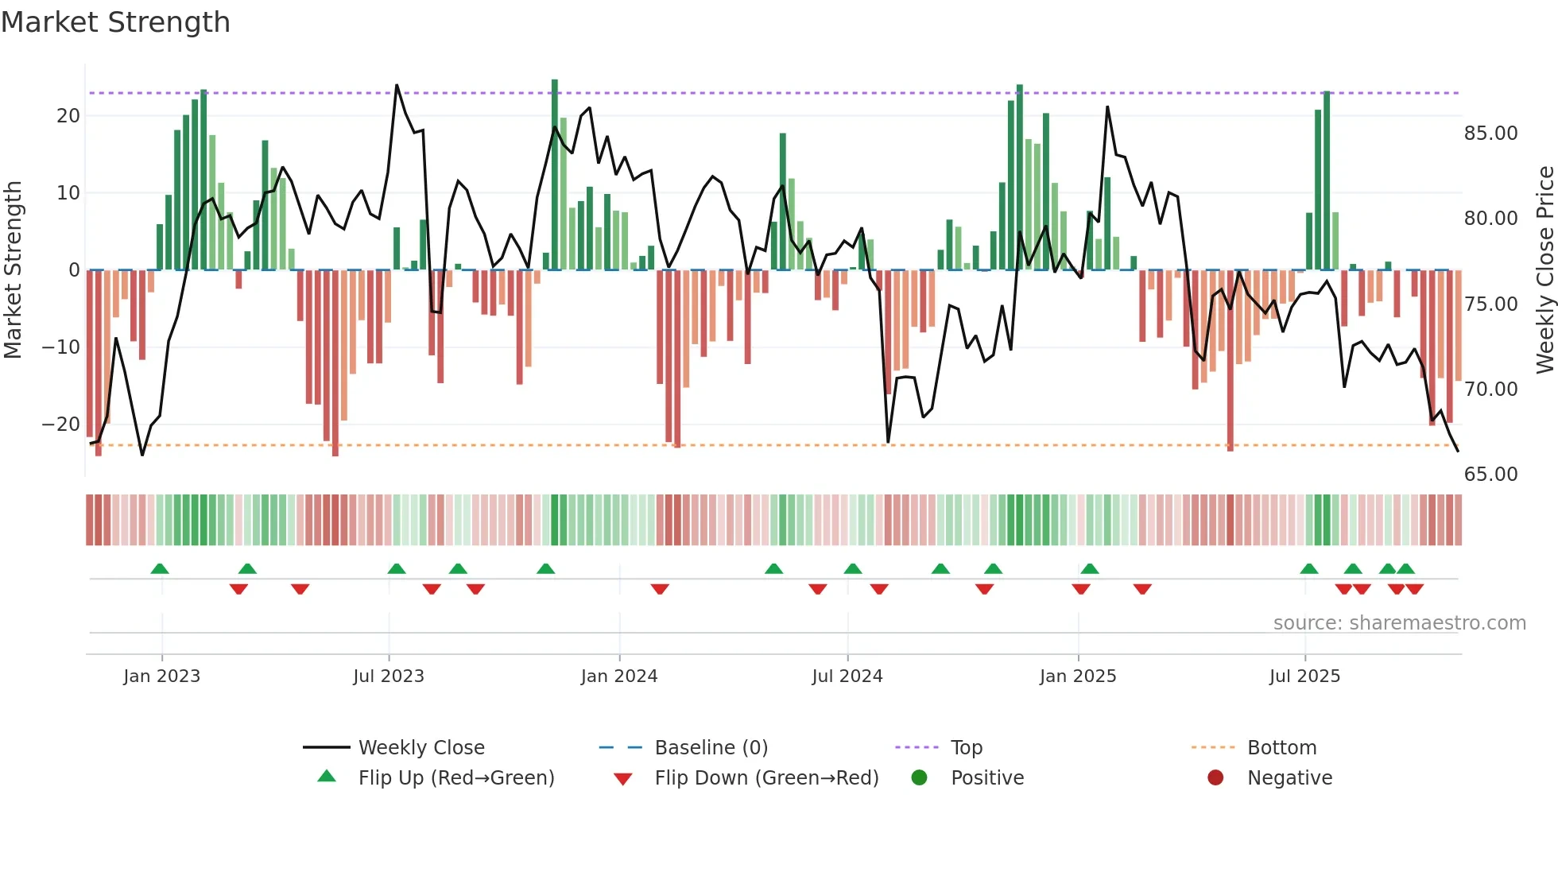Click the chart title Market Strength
coord(115,22)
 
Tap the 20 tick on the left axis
coord(68,116)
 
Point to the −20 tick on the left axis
coord(61,424)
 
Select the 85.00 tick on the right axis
coord(1490,134)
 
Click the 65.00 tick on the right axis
coord(1490,475)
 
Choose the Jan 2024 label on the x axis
coord(619,676)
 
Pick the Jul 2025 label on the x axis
coord(1304,676)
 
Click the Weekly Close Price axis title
coord(1544,270)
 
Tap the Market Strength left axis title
coord(13,270)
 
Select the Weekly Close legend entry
coord(421,748)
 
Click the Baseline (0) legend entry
coord(711,748)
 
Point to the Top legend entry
coord(966,748)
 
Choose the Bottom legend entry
coord(1281,748)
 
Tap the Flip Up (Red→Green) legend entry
coord(455,778)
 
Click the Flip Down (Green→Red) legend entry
coord(766,778)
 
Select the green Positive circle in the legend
coord(920,778)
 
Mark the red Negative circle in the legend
coord(1215,778)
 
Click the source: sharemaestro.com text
coord(1399,623)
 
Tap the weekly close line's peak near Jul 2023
coord(397,86)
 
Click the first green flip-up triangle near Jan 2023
coord(160,569)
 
